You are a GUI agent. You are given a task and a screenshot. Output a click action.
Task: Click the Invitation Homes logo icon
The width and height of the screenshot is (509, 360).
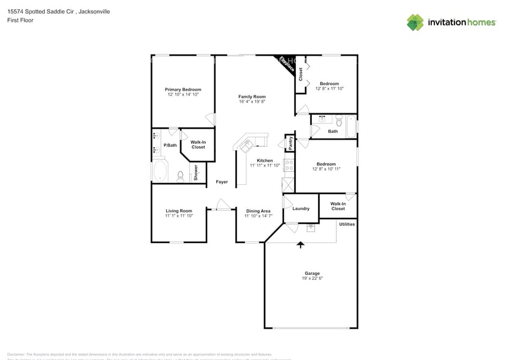415,22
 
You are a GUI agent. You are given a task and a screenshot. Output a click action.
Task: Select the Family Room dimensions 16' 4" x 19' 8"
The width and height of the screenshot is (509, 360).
252,102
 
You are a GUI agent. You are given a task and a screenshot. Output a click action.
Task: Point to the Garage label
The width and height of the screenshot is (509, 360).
312,273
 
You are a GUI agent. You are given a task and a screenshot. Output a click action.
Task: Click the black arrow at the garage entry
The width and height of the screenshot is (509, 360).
300,245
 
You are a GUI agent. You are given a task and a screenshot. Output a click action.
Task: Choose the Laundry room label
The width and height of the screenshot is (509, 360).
301,209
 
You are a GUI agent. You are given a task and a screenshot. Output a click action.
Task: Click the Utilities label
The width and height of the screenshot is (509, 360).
347,224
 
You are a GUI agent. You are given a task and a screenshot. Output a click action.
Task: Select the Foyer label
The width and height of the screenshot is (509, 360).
221,182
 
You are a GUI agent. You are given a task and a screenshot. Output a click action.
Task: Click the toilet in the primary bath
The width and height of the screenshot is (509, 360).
180,176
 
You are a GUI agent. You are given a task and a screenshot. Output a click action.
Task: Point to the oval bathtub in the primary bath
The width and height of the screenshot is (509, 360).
160,171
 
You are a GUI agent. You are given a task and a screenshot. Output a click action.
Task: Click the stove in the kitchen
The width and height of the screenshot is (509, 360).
289,166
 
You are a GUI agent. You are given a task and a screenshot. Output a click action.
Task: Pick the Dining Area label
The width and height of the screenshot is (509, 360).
258,211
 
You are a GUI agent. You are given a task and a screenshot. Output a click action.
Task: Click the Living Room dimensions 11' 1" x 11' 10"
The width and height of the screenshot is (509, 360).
179,216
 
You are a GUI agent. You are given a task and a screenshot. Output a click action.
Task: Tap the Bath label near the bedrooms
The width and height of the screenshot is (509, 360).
333,131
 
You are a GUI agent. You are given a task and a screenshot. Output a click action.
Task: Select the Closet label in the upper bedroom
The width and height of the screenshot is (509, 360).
301,74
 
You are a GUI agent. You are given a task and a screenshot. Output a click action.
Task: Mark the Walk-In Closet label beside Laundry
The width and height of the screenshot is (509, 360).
337,206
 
